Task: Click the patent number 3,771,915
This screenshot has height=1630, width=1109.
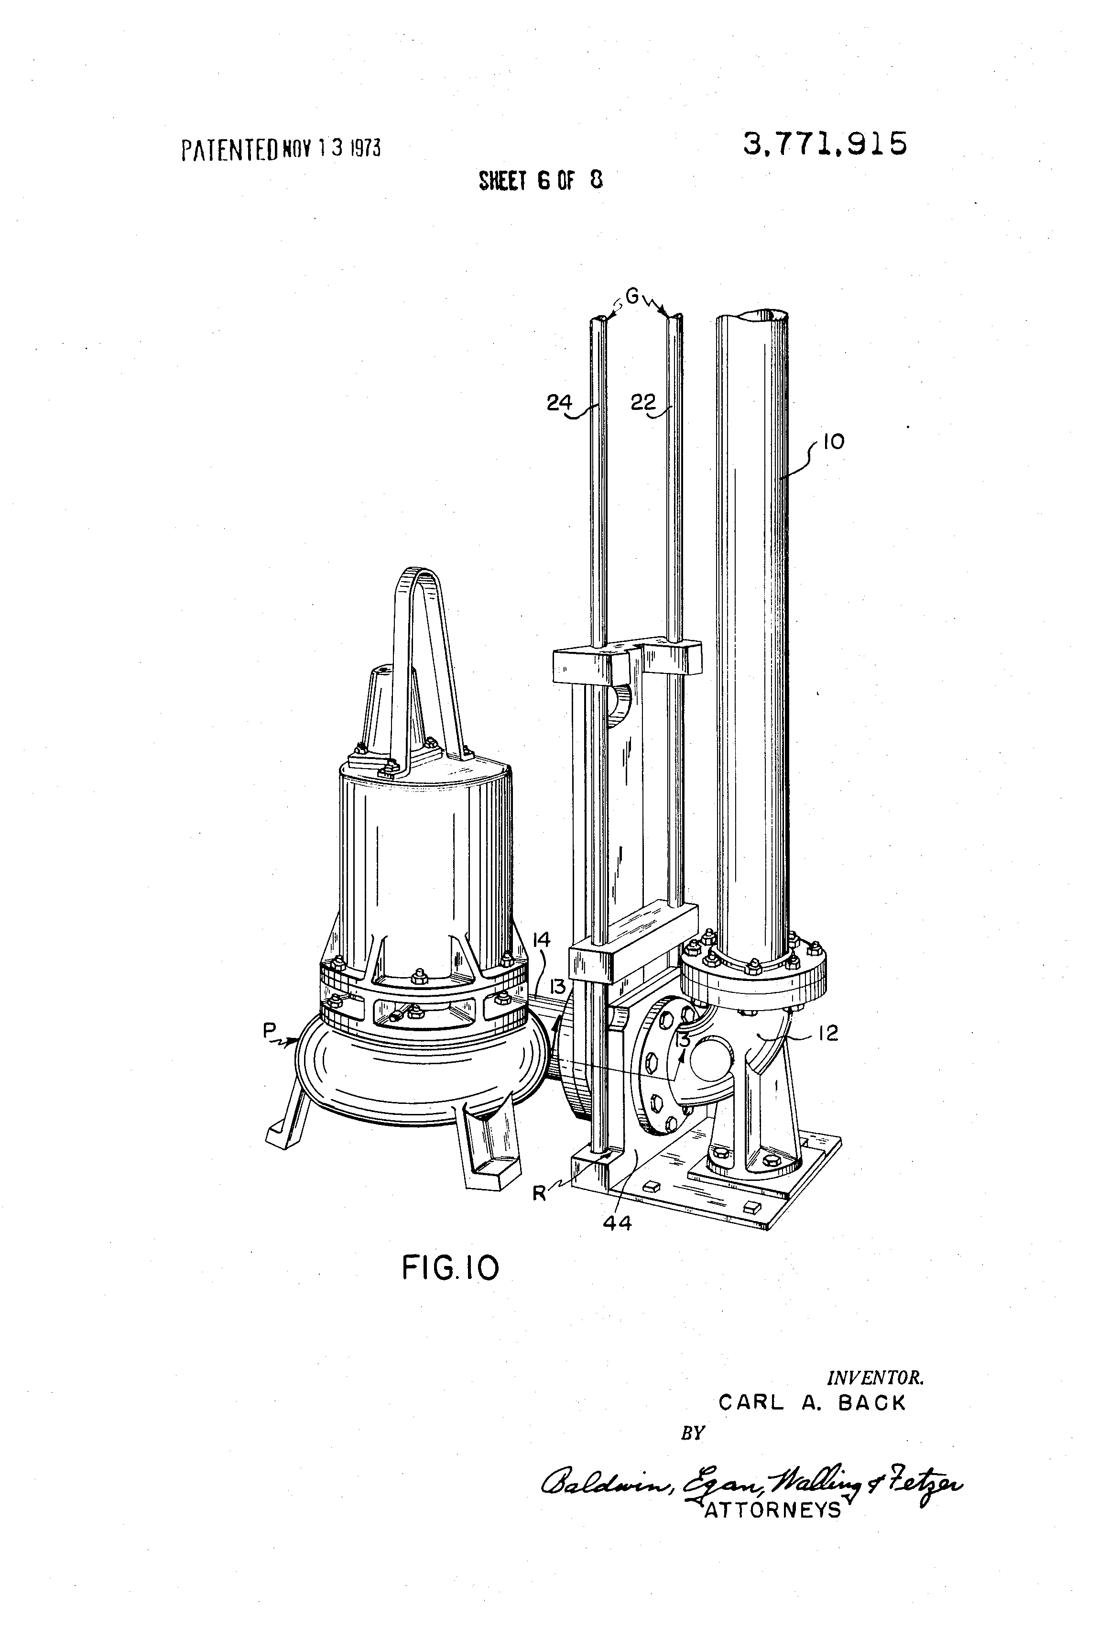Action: [825, 144]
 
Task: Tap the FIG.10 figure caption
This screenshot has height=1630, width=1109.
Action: [450, 1267]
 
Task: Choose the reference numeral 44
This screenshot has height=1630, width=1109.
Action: [617, 1223]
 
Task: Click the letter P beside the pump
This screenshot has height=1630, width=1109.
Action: [269, 1030]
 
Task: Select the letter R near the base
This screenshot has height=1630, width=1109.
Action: [539, 1193]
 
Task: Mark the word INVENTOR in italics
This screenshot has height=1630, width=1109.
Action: [875, 1377]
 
